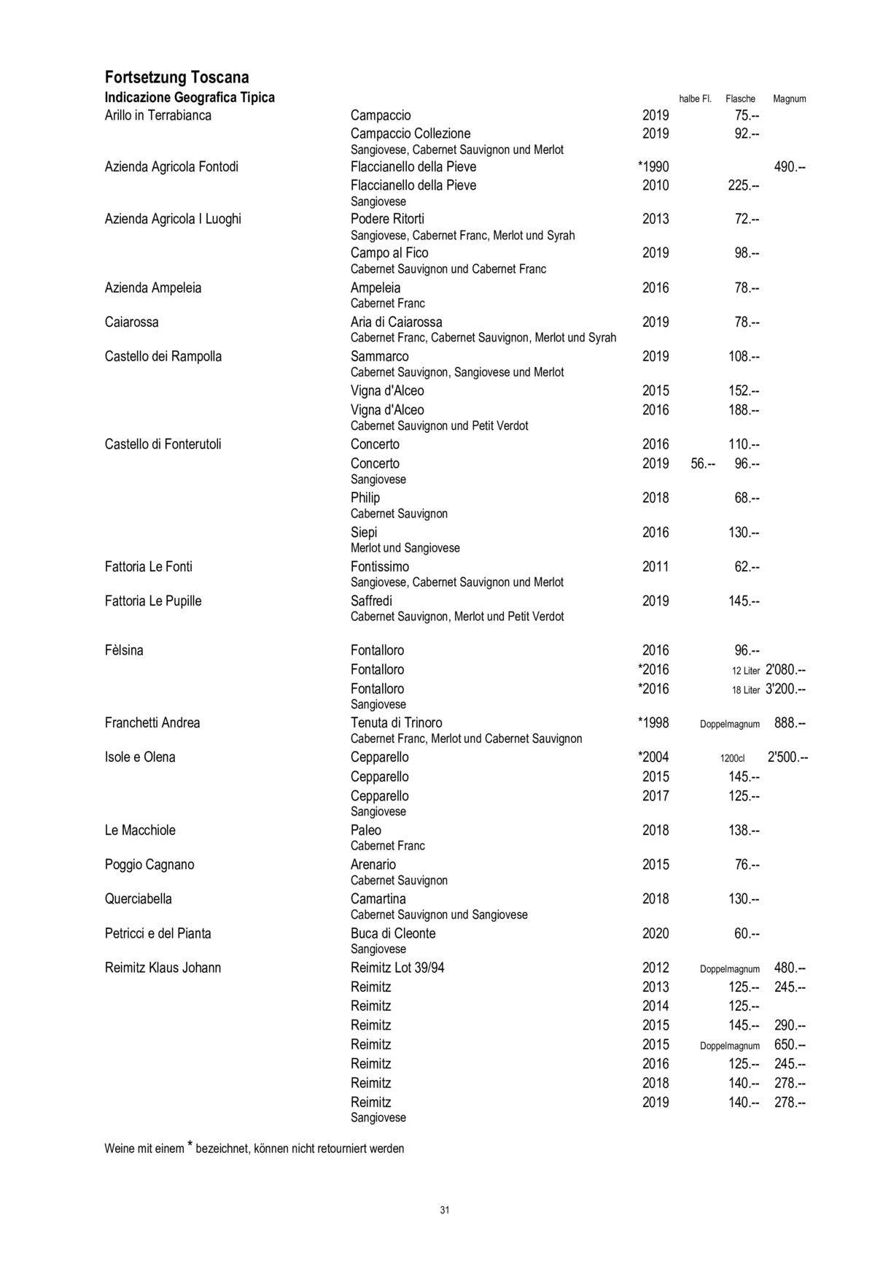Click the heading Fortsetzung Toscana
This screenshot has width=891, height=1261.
point(176,77)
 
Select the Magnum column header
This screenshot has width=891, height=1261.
point(789,99)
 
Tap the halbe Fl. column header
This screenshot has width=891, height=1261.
point(695,99)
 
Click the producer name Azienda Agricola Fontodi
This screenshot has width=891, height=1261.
point(171,167)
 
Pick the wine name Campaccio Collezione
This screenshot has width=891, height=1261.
point(411,134)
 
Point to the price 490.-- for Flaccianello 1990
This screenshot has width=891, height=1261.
point(790,167)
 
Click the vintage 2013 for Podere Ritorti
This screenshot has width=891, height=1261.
point(655,219)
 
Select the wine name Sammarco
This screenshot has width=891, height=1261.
point(380,357)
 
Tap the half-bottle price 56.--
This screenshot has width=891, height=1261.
point(703,464)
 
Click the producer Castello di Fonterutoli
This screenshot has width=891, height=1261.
point(163,444)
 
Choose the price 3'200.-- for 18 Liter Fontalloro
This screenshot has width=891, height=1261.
point(785,690)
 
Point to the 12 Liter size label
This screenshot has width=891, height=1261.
point(746,671)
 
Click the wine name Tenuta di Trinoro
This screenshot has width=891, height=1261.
point(396,723)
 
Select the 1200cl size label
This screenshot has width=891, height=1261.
point(732,758)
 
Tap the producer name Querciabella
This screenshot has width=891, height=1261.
point(139,899)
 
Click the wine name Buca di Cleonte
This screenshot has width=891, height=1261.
point(393,933)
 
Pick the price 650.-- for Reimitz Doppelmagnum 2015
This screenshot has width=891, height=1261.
point(790,1045)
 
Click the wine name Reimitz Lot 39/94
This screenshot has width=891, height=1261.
point(398,968)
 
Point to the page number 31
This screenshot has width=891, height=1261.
point(445,1210)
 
